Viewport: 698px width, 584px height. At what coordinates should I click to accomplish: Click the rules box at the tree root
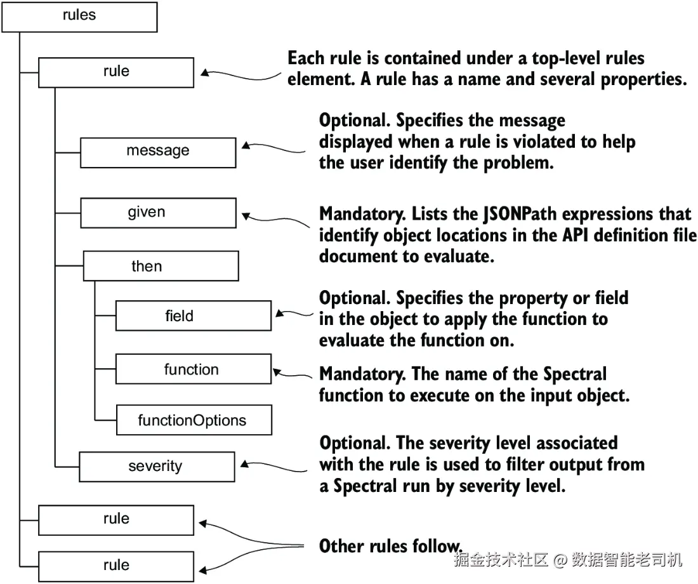[x=80, y=17]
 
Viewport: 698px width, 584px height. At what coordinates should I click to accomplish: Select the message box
[x=158, y=153]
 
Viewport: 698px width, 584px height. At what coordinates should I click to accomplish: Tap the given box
[x=158, y=213]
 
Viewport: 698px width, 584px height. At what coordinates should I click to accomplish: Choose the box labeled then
[x=161, y=266]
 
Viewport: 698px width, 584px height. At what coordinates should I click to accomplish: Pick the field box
[x=193, y=316]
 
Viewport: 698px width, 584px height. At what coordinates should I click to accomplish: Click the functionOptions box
[x=194, y=420]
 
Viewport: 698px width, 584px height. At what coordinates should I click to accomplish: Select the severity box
[x=157, y=467]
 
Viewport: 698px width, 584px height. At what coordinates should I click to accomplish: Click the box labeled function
[x=193, y=369]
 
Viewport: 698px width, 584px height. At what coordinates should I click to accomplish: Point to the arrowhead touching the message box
[x=246, y=145]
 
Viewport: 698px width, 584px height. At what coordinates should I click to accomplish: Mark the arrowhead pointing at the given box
[x=246, y=216]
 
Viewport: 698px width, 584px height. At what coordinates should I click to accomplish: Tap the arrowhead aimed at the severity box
[x=244, y=464]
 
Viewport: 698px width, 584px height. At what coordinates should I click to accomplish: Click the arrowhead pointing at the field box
[x=280, y=314]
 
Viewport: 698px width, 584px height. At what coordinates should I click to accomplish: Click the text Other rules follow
[x=391, y=546]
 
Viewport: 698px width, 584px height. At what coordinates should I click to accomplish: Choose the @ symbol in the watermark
[x=560, y=559]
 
